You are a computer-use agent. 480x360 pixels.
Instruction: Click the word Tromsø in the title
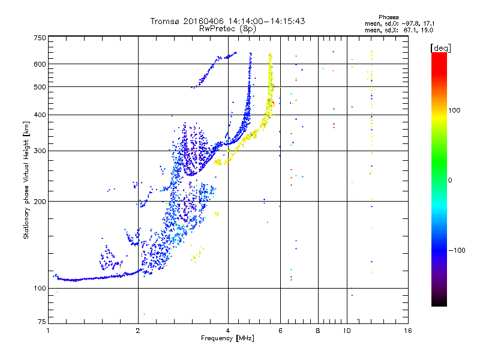coord(164,21)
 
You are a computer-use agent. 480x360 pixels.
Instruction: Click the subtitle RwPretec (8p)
coord(227,28)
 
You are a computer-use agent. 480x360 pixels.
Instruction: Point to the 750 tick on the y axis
coord(40,38)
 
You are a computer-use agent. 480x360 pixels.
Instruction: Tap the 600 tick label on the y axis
coord(40,64)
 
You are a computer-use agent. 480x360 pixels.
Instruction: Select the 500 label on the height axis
coord(40,87)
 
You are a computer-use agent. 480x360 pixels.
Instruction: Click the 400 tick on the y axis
coord(40,115)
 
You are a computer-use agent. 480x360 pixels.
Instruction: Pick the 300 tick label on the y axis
coord(40,151)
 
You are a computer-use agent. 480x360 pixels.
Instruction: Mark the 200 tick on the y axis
coord(40,202)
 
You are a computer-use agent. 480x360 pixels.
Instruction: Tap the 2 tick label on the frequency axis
coord(138,331)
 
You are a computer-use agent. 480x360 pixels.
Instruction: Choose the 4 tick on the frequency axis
coord(228,331)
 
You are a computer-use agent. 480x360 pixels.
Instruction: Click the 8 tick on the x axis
coord(318,331)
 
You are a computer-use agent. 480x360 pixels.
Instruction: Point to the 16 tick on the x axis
coord(407,331)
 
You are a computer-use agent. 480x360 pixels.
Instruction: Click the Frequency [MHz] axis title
coord(227,338)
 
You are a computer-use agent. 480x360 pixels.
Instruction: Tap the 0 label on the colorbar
coord(449,180)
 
